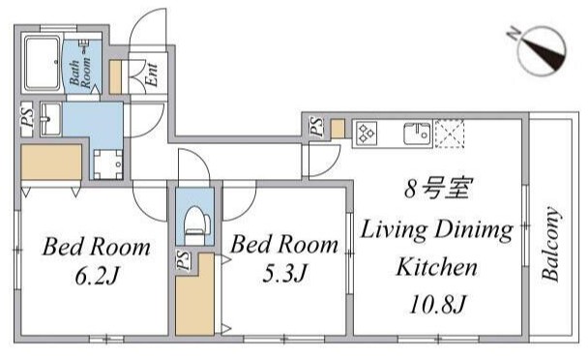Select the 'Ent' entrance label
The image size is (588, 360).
point(153,75)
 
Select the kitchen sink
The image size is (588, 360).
point(417,133)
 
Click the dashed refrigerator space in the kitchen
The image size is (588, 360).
point(450,133)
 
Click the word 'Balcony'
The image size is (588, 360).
point(551,243)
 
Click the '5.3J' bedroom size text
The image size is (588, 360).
point(280,274)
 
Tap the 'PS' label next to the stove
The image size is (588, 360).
point(317,126)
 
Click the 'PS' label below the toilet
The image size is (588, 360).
point(183,259)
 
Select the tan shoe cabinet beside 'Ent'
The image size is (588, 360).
point(116,75)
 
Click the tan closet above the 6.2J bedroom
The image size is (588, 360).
point(55,164)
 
